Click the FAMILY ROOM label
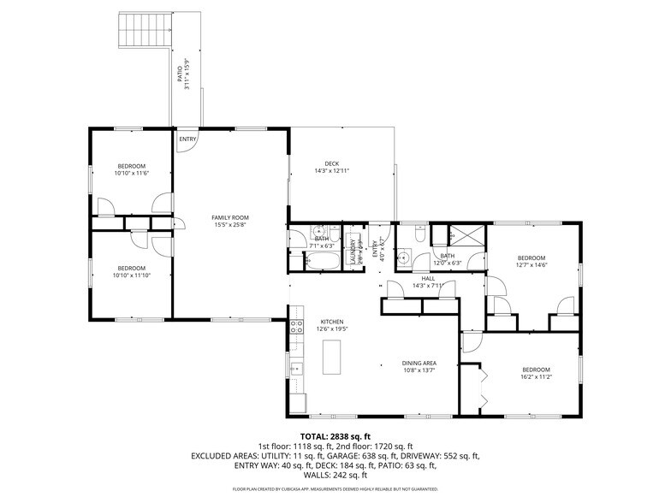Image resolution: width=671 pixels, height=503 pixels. (x=230, y=217)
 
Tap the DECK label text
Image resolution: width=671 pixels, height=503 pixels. (x=332, y=163)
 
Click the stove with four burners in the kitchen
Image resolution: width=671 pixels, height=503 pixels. (x=297, y=326)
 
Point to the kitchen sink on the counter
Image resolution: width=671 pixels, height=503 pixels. (x=295, y=370)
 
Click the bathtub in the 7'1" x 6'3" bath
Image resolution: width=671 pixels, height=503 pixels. (x=322, y=260)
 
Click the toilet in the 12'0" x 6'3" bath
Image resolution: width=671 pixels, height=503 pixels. (x=419, y=233)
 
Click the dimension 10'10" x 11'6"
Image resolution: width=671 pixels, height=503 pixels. (x=132, y=174)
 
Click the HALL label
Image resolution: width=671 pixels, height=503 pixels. (x=428, y=278)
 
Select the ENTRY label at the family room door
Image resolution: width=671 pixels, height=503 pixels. (x=187, y=139)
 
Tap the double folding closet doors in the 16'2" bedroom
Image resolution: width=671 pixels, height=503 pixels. (x=481, y=387)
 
